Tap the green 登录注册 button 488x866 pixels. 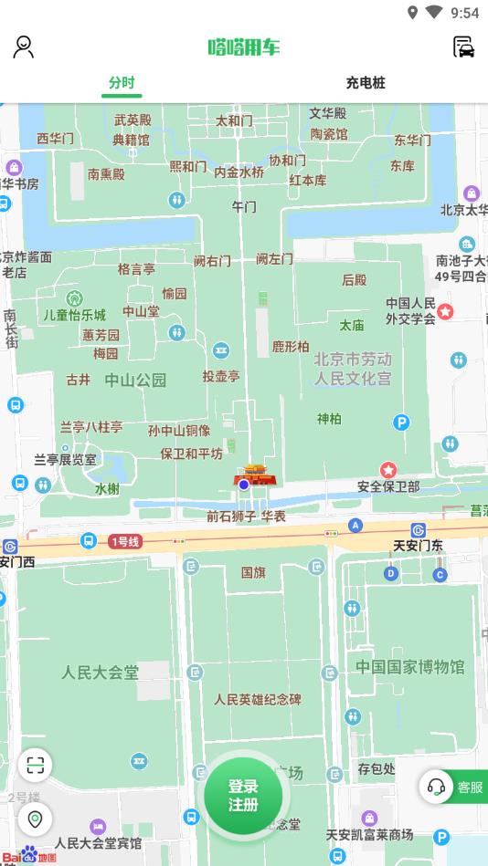[x=243, y=795]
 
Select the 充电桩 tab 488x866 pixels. [x=366, y=83]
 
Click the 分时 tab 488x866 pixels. [x=122, y=83]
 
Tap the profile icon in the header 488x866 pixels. [x=24, y=47]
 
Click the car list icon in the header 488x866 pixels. [x=464, y=47]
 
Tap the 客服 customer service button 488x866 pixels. [x=454, y=787]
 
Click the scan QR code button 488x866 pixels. [x=35, y=765]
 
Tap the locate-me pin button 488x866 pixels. [x=35, y=819]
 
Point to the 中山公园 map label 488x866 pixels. [x=135, y=381]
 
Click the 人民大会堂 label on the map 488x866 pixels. [x=101, y=673]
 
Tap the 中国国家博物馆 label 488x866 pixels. [x=410, y=666]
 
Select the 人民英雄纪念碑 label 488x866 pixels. [x=258, y=700]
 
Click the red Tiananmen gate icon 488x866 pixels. [x=253, y=475]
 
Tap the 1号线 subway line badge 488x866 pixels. [x=125, y=541]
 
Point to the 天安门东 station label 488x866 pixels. [x=418, y=546]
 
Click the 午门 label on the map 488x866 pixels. [x=244, y=207]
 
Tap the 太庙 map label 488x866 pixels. [x=352, y=325]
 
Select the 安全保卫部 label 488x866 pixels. [x=388, y=486]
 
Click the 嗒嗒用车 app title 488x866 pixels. [x=243, y=47]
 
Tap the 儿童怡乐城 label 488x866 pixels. [x=75, y=315]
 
